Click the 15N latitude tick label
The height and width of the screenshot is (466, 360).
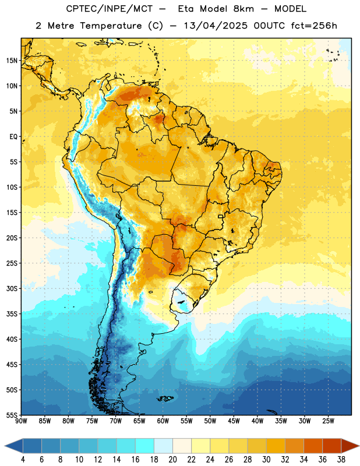click(12, 61)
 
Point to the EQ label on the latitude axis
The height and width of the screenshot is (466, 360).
click(13, 137)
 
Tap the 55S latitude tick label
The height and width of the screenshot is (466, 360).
click(12, 415)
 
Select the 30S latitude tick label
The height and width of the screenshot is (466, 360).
click(12, 288)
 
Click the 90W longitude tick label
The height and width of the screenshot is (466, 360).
click(21, 421)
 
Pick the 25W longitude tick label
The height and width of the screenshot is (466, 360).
click(328, 421)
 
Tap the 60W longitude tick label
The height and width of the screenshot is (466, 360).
click(163, 421)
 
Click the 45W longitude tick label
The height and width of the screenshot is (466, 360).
click(234, 421)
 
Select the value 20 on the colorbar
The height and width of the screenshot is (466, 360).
click(172, 460)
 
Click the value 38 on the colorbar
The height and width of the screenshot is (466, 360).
click(341, 460)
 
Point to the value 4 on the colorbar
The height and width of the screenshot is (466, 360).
click(23, 460)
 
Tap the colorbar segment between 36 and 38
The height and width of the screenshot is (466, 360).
click(332, 446)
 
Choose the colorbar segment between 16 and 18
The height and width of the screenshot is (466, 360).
click(144, 446)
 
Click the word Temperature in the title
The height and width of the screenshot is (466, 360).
click(111, 26)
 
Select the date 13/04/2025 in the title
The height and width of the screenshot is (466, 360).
click(216, 26)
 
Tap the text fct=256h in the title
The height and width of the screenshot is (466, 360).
click(314, 26)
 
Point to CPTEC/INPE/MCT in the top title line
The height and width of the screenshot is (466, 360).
click(109, 9)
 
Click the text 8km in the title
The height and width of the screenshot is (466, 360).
click(243, 9)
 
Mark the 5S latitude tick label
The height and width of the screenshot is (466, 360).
click(13, 162)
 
